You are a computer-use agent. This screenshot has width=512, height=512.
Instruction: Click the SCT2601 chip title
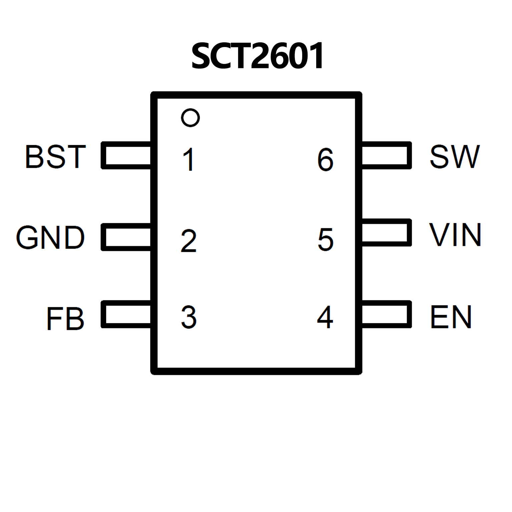coord(257,56)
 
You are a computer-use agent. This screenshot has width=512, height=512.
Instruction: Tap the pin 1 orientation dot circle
coord(190,117)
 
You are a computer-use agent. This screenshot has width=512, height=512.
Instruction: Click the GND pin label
coord(50,237)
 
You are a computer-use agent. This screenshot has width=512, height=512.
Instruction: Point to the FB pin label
coord(65,319)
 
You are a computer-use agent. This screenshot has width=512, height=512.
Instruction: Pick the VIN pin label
coord(455,235)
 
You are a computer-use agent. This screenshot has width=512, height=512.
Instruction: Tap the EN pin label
coord(451,317)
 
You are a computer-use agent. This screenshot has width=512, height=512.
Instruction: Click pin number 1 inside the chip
coord(189,159)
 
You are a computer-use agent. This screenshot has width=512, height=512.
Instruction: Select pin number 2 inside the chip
coord(189,240)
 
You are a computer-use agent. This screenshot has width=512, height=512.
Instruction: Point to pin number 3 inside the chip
coord(189,317)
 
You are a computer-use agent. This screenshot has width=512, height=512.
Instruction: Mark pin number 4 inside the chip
coord(325,317)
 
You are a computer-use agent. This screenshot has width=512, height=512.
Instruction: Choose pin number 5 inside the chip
coord(326,239)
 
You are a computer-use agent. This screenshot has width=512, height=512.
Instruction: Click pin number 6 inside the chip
coord(326,159)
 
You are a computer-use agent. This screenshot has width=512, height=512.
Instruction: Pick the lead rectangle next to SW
coord(386,155)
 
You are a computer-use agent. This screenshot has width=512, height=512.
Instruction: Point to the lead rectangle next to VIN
coord(386,232)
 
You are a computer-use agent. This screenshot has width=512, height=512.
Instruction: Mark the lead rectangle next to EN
coord(386,314)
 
